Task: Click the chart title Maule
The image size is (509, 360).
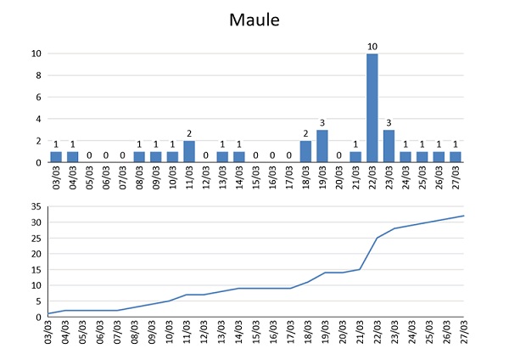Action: (x=255, y=19)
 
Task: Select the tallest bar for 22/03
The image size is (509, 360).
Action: (x=372, y=108)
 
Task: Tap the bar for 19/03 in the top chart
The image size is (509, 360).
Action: (x=322, y=146)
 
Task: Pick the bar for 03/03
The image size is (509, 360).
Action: (x=55, y=157)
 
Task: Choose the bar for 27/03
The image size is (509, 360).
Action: (x=455, y=157)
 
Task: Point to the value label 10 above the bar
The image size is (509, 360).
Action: (x=372, y=46)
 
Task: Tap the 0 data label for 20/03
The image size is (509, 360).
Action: (x=338, y=155)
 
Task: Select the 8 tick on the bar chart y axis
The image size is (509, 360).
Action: (x=37, y=76)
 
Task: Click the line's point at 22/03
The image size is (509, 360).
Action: (x=378, y=238)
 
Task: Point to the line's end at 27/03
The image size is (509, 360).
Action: (x=464, y=216)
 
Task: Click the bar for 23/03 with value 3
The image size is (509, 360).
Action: (x=389, y=146)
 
